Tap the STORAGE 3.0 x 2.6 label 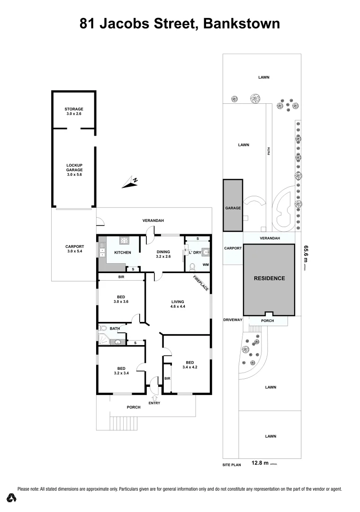(x=74, y=111)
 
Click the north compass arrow (x=129, y=182)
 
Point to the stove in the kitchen (x=125, y=240)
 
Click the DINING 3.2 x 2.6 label (x=163, y=255)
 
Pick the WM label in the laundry (x=206, y=264)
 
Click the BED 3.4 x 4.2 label (x=189, y=365)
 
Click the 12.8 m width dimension (x=260, y=463)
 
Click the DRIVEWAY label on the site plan (x=233, y=320)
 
